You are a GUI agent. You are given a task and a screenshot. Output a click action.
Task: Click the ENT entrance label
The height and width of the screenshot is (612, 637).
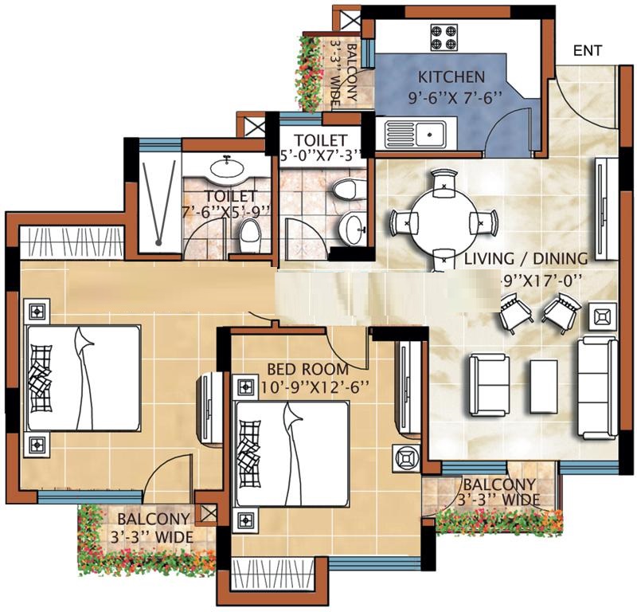point(588,50)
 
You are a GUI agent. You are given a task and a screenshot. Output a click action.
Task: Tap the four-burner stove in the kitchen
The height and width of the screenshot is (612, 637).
point(444,36)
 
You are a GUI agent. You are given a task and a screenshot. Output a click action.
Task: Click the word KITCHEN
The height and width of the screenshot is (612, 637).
point(451,78)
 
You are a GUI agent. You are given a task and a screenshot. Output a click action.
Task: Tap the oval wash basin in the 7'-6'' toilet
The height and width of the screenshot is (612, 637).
point(229,168)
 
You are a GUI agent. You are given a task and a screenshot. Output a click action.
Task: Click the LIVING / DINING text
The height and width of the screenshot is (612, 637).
point(526,258)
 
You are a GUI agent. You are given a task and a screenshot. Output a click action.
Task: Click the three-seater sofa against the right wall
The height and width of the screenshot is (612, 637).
point(596,377)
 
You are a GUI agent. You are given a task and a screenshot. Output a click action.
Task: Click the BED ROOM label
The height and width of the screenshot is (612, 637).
point(307,369)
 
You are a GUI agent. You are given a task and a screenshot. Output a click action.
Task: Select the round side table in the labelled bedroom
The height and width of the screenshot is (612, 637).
point(405,461)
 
